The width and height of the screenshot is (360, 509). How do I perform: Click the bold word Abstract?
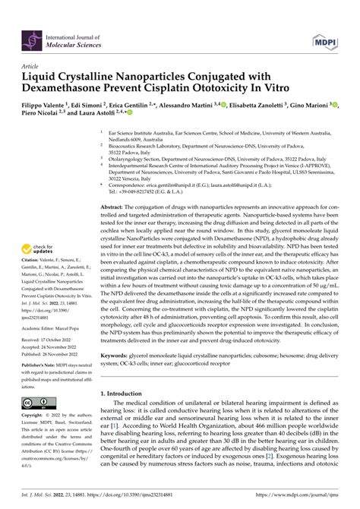pyautogui.click(x=119, y=207)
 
